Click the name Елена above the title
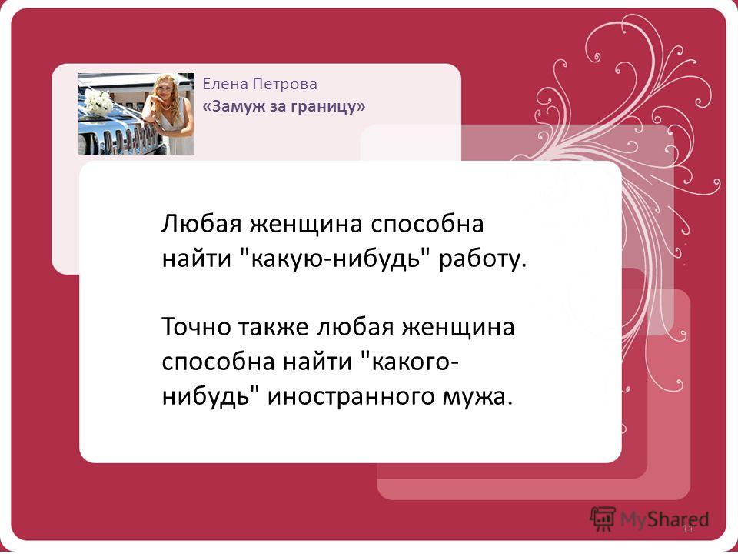[x=221, y=84]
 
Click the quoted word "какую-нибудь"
[x=336, y=259]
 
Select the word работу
[x=481, y=261]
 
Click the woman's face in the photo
[x=166, y=91]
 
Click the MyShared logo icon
[x=603, y=519]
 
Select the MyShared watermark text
[x=664, y=519]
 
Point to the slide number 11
[x=688, y=529]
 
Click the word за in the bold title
[x=278, y=108]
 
